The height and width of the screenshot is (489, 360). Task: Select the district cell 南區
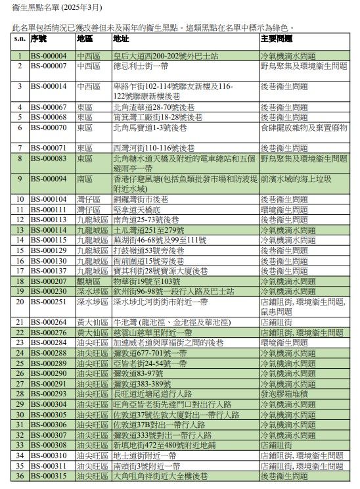85,179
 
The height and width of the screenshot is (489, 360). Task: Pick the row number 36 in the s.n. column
20,476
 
